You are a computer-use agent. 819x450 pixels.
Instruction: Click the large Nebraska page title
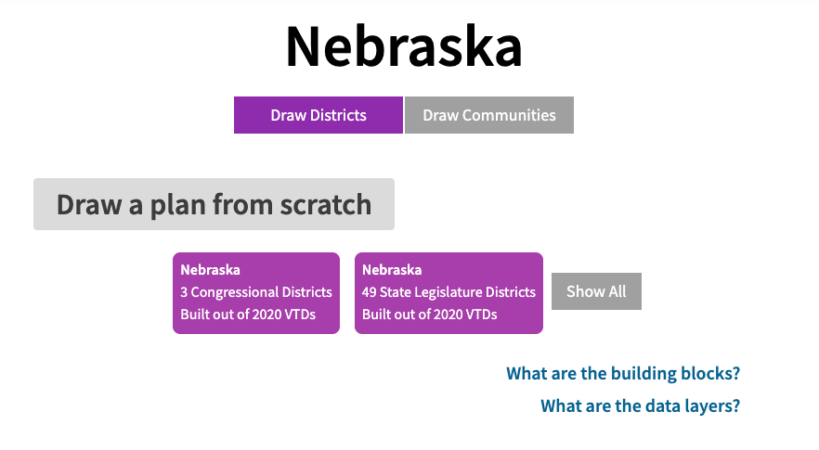(x=403, y=47)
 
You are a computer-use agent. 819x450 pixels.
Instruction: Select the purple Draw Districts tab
(x=318, y=115)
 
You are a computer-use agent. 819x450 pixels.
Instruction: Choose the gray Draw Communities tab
(x=489, y=115)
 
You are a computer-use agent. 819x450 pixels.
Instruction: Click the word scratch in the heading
(x=321, y=204)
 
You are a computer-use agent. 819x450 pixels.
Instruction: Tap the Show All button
(x=596, y=291)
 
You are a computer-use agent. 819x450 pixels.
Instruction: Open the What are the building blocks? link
(x=622, y=374)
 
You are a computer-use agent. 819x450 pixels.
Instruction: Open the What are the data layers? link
(x=640, y=406)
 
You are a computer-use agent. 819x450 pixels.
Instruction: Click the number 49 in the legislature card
(x=370, y=292)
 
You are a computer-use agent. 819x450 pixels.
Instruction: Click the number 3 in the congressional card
(x=184, y=292)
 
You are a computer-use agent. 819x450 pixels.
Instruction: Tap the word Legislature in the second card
(x=453, y=292)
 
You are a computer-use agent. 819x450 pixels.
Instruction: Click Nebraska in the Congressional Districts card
(x=210, y=270)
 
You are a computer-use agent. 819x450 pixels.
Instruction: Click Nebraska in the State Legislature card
(x=392, y=270)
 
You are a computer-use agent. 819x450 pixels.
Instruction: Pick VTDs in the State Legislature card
(x=481, y=315)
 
